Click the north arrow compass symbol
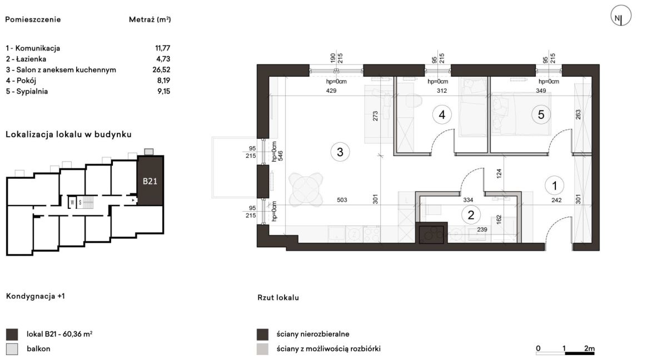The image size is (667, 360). point(621,16)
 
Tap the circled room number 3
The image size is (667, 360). point(340,152)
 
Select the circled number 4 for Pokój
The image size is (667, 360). point(442,114)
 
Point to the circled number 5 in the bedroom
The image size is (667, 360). point(541,114)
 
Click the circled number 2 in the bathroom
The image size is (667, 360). point(471,215)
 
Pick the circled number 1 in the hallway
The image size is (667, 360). point(555,186)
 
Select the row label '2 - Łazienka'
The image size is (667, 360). point(26,59)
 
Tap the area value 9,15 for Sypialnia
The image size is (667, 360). point(164,91)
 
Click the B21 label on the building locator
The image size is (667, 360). point(150,181)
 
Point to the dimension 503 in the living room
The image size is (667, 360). point(342,200)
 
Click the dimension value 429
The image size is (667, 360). point(331,91)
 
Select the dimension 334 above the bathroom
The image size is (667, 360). point(468,200)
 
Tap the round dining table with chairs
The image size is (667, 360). point(306,189)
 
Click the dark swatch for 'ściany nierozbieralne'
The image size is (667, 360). point(262,334)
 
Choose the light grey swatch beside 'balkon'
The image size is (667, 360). point(12,349)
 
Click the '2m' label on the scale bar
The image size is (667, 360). point(589,348)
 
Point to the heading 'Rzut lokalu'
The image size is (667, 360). point(278,298)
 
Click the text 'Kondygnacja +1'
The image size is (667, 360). point(35,296)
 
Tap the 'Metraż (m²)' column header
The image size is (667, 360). point(150,19)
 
